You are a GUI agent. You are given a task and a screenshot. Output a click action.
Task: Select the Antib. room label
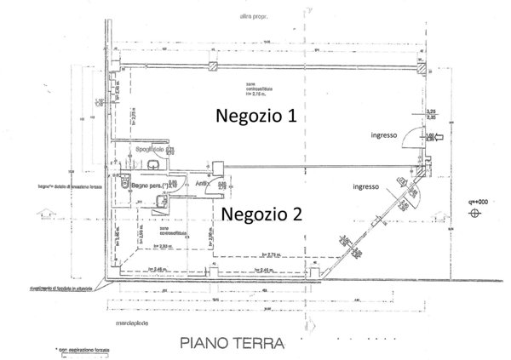tap(202, 183)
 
